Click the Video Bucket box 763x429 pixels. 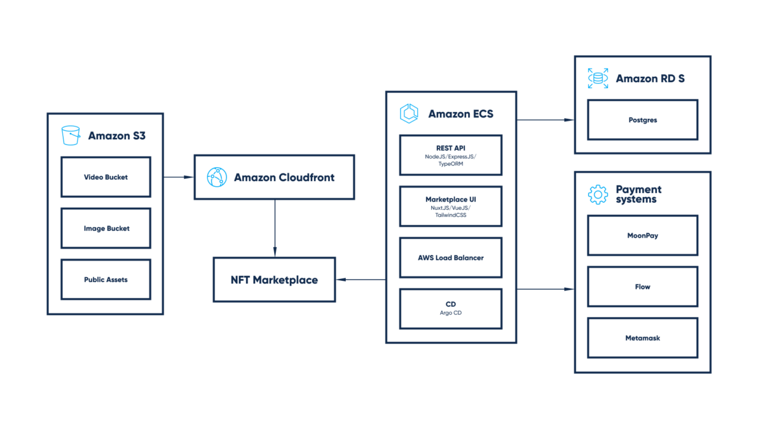106,177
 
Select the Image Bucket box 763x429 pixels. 106,228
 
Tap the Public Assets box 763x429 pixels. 106,280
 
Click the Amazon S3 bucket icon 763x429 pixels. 71,135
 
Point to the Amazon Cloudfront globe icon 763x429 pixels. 217,177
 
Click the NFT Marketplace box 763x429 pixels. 274,280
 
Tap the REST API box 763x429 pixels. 450,155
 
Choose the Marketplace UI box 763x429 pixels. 450,207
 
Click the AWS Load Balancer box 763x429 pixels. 450,257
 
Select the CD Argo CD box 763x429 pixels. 450,309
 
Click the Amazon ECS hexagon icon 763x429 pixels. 409,114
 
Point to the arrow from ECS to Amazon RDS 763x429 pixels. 546,119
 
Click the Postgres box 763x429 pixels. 642,119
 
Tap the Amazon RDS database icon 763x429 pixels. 598,78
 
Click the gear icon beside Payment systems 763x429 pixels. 598,194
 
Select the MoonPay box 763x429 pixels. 642,235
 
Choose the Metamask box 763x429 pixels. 642,338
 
